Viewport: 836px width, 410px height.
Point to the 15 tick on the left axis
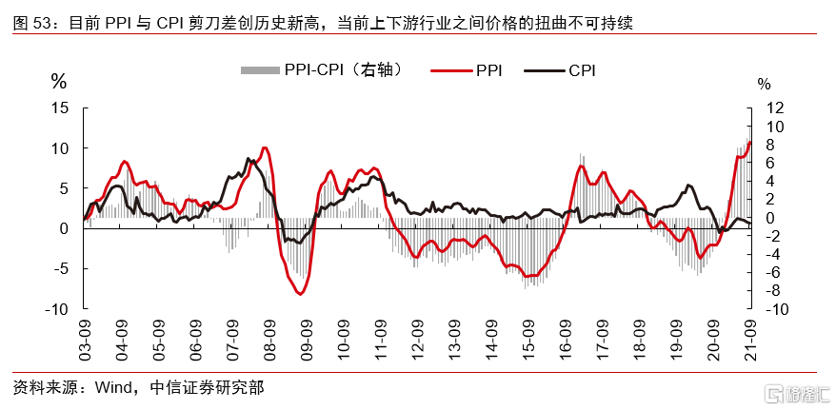tap(59, 108)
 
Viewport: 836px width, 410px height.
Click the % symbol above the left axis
tap(59, 82)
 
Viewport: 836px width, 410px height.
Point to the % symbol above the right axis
tap(764, 84)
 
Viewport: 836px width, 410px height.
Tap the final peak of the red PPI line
tap(749, 143)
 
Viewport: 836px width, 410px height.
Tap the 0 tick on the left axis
tap(63, 228)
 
